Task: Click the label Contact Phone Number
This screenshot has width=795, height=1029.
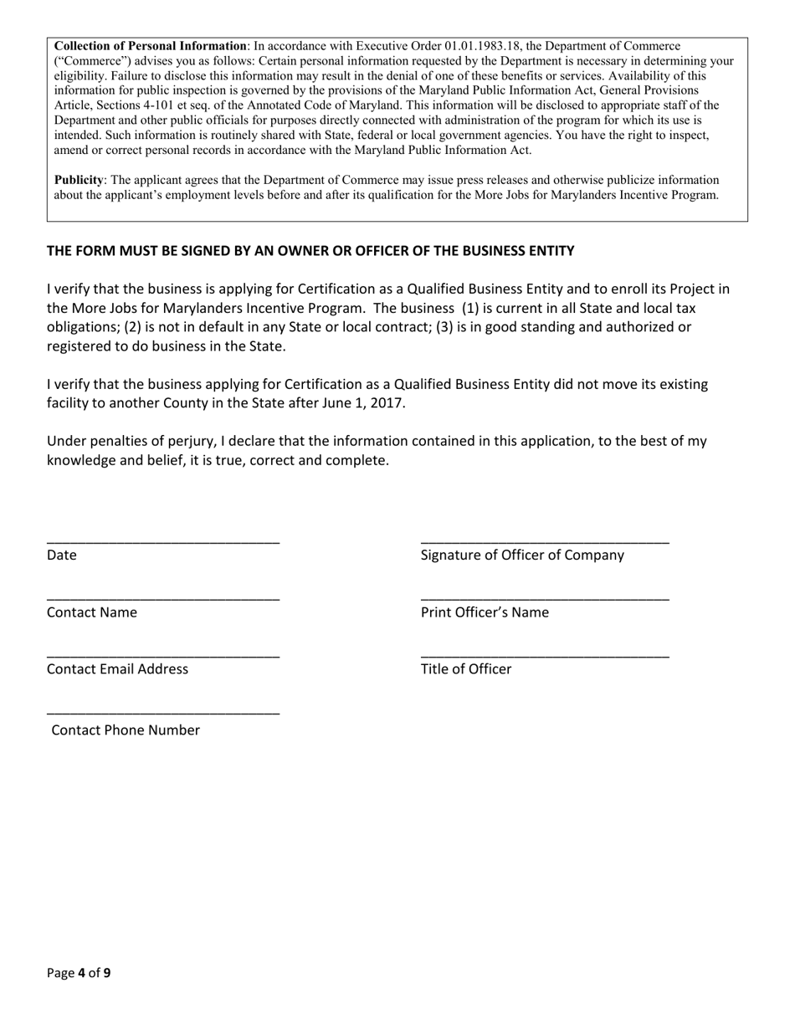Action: pos(126,730)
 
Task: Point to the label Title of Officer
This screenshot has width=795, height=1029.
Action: pos(466,669)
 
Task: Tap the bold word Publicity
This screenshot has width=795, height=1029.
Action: pos(79,180)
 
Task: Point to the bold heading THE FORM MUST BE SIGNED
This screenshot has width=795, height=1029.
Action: pos(310,251)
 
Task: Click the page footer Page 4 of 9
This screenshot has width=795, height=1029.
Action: pos(79,973)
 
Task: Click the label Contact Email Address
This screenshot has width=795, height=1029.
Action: pos(117,669)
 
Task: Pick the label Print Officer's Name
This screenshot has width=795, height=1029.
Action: pos(485,612)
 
